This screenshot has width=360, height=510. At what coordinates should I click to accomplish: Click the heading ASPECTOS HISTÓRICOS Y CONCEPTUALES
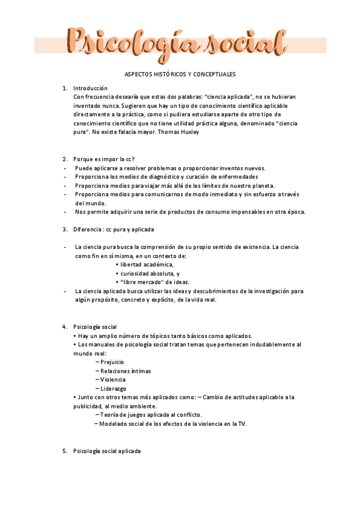click(180, 74)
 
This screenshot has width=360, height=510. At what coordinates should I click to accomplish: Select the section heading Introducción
click(90, 88)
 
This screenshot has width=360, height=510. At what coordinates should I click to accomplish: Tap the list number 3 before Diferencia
click(64, 229)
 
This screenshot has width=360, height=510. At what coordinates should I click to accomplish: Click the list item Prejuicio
click(113, 362)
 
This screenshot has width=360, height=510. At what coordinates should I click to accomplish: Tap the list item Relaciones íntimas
click(126, 371)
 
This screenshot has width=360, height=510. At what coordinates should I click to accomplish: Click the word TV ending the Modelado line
click(242, 424)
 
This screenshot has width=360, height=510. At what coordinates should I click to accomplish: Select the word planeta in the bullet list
click(260, 185)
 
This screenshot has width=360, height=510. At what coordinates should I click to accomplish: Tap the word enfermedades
click(236, 177)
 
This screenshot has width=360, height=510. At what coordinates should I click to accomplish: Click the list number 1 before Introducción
click(64, 88)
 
